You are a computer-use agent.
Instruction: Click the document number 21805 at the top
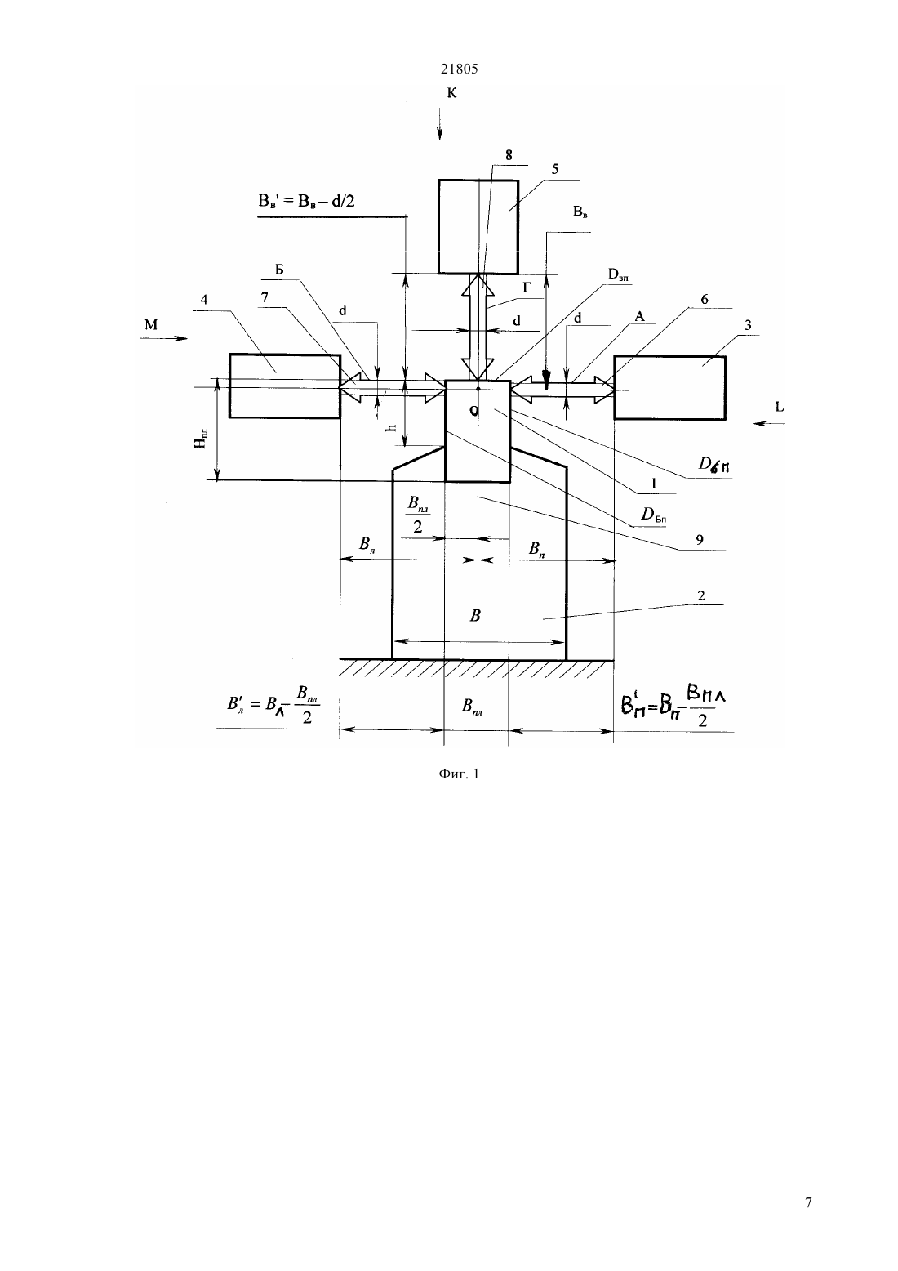[459, 69]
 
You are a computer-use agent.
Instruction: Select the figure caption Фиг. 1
[459, 774]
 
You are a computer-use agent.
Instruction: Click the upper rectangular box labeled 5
[478, 227]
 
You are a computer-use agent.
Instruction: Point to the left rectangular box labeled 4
[285, 386]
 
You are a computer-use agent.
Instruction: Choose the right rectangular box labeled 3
[669, 387]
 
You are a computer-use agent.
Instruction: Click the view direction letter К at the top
[451, 92]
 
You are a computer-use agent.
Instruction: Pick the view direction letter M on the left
[151, 325]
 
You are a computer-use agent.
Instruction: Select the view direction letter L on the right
[780, 406]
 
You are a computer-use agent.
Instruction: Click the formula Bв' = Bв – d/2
[306, 201]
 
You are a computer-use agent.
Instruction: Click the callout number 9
[700, 540]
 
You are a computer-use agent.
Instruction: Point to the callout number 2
[701, 595]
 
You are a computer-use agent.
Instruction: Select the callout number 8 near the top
[509, 155]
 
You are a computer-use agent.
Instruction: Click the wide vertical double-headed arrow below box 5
[478, 327]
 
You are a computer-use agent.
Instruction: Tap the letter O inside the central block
[474, 412]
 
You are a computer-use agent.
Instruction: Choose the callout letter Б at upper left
[279, 270]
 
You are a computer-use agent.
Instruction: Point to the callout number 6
[705, 299]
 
